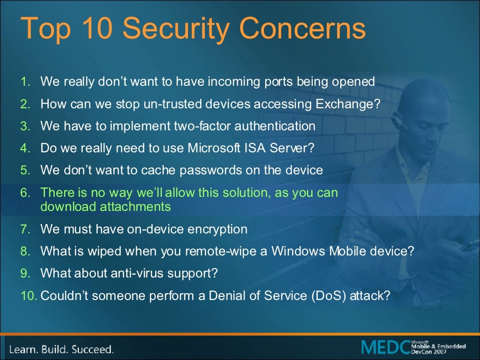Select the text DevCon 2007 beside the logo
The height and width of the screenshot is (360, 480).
427,352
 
